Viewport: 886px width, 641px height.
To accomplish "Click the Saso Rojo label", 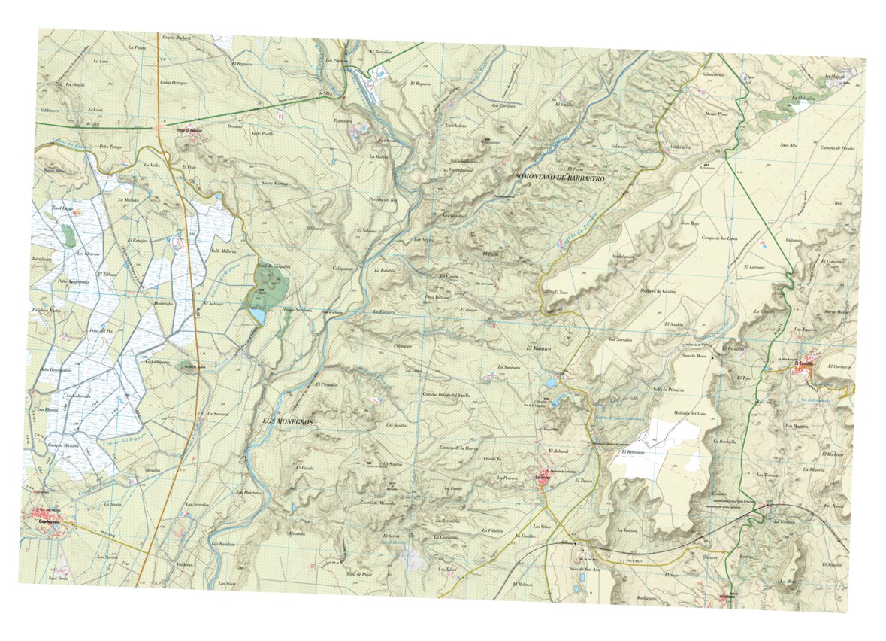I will click(690, 223).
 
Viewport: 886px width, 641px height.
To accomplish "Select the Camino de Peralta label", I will click(838, 148).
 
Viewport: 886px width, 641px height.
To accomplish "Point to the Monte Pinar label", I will click(716, 114).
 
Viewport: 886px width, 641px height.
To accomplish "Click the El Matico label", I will click(539, 348).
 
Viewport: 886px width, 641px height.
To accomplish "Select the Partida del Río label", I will click(383, 199).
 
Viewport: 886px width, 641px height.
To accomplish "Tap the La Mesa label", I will click(788, 582).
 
